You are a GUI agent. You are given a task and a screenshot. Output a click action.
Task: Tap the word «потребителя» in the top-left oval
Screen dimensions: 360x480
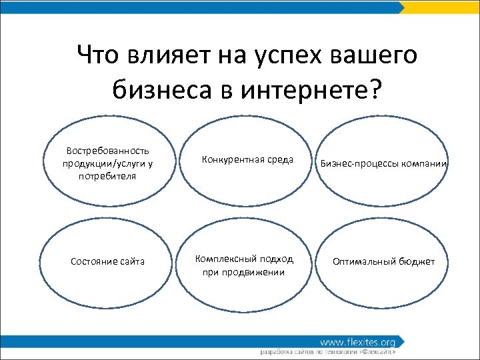[107, 176]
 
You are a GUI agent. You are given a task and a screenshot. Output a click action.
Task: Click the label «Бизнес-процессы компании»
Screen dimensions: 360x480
[383, 163]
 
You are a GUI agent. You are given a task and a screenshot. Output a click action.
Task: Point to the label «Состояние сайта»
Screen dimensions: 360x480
[107, 261]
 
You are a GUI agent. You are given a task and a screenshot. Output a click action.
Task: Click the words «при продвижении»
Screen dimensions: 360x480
[244, 272]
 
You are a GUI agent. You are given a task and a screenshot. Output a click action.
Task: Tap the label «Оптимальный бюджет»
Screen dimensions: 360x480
[383, 261]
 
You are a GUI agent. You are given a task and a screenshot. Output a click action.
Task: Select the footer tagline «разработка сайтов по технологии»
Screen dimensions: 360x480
[307, 351]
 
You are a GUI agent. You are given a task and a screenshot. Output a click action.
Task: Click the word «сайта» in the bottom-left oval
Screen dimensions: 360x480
[132, 261]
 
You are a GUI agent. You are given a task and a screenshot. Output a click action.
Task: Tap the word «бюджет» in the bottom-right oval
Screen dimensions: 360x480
[416, 261]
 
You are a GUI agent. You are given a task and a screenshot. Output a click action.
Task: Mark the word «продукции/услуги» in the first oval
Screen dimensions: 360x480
[102, 163]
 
